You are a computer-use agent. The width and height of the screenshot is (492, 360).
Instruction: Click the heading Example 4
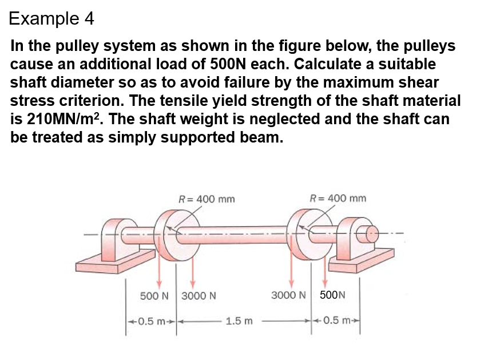pos(51,19)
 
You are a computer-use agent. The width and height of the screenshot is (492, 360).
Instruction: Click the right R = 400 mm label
pos(338,199)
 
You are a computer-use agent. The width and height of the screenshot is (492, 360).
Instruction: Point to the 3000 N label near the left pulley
pos(199,296)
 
